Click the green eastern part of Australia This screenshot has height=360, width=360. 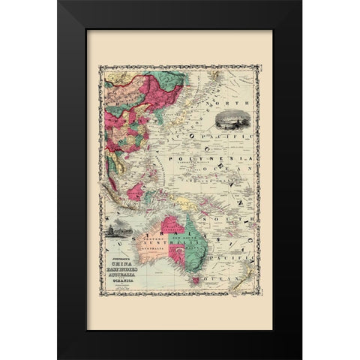tap(196, 240)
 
